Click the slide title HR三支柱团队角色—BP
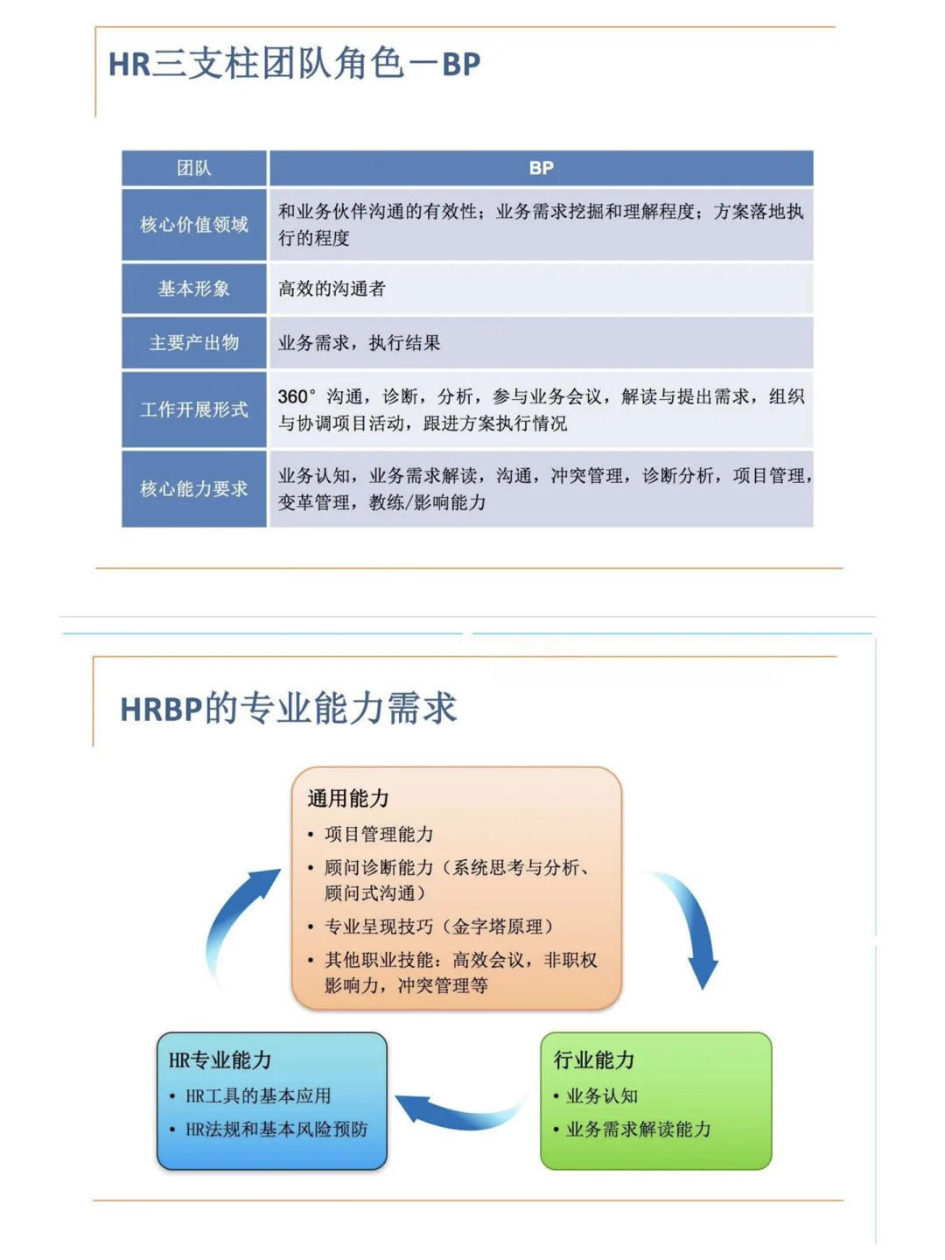[x=294, y=64]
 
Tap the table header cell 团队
[x=193, y=168]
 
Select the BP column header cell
[x=541, y=168]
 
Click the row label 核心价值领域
[x=193, y=225]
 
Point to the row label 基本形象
[x=193, y=289]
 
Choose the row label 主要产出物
[x=193, y=343]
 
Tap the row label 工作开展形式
[x=193, y=409]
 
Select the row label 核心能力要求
[x=193, y=489]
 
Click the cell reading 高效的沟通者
[x=332, y=289]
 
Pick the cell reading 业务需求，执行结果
[x=359, y=343]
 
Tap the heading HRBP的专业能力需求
[x=288, y=708]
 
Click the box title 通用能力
[x=347, y=798]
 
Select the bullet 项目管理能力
[x=379, y=834]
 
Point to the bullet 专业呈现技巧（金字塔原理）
[x=438, y=927]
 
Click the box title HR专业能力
[x=220, y=1060]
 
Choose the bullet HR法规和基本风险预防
[x=276, y=1130]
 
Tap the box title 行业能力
[x=593, y=1060]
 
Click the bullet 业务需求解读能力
[x=639, y=1130]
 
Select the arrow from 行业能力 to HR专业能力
[x=459, y=1111]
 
